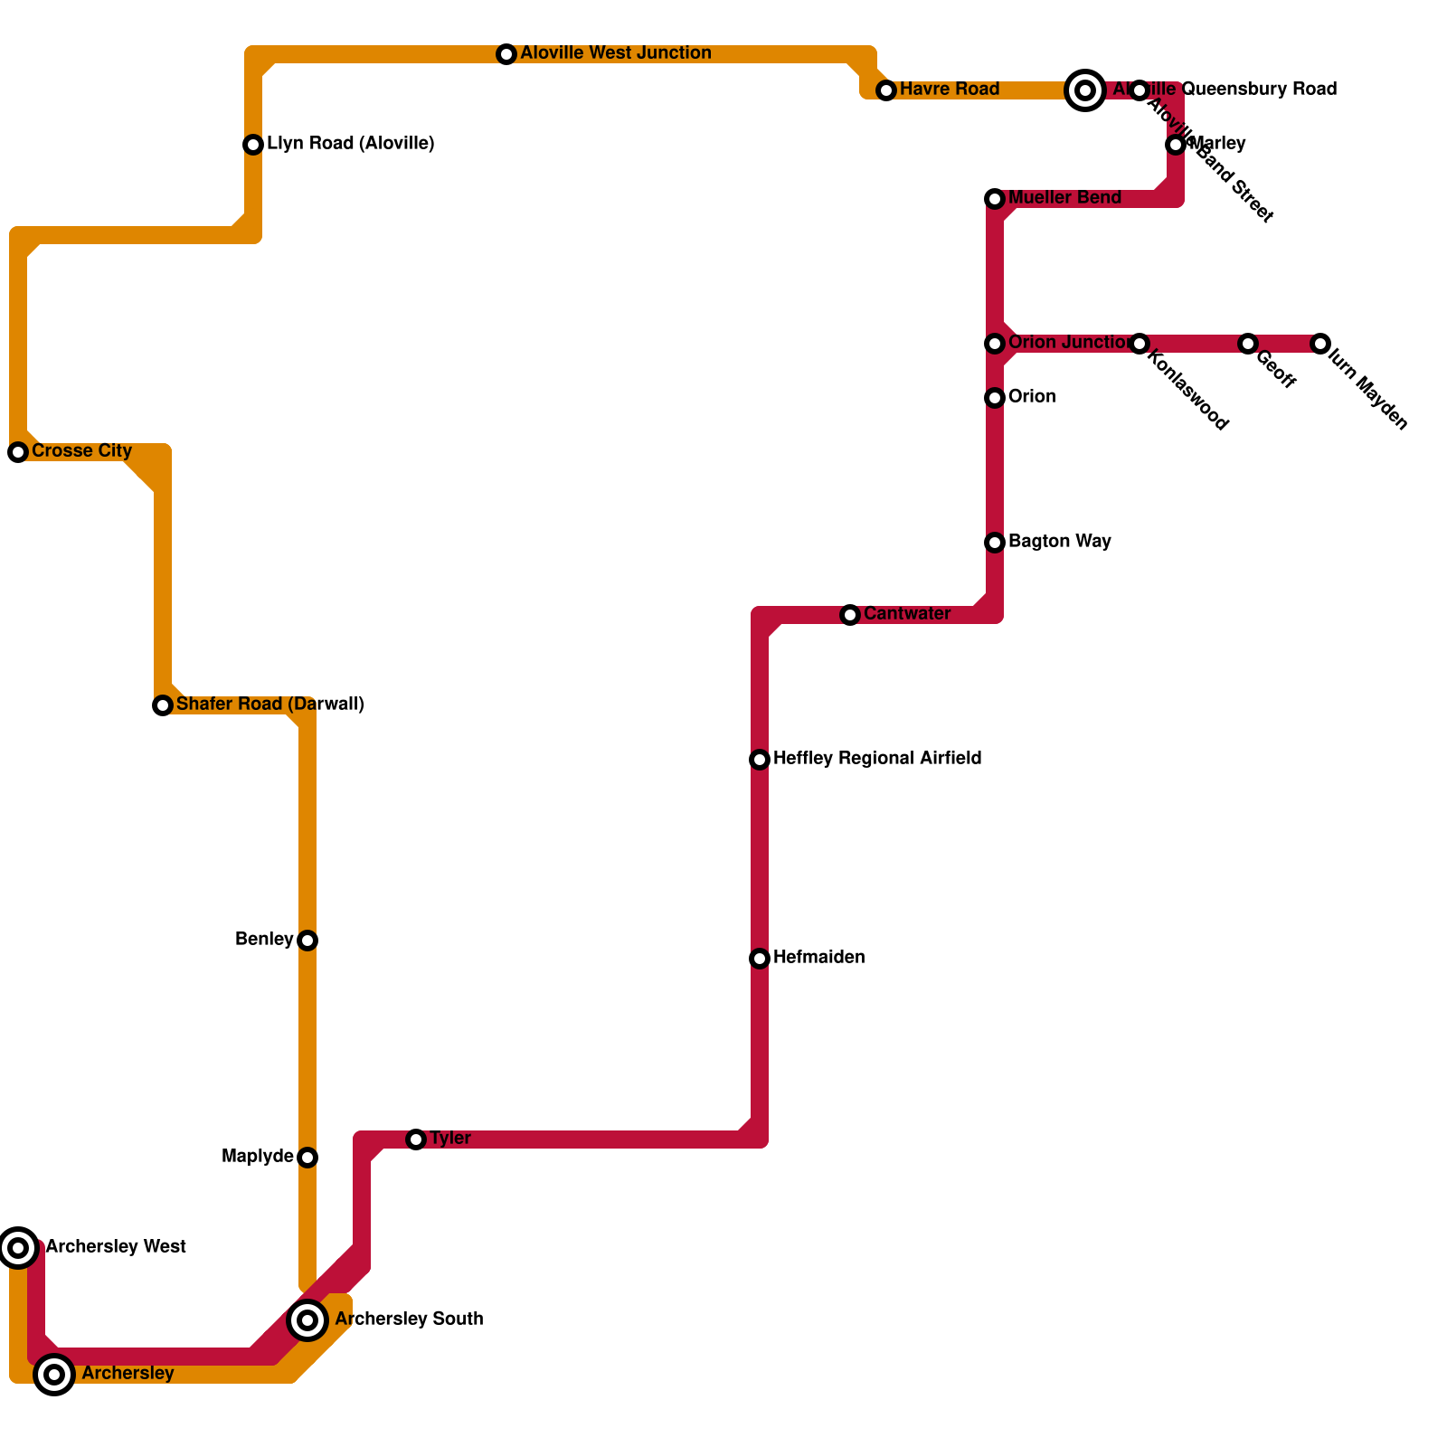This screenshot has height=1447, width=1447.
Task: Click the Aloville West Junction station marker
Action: tap(506, 54)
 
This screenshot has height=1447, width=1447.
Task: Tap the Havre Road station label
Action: tap(949, 90)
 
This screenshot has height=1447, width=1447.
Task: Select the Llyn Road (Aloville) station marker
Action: tap(253, 145)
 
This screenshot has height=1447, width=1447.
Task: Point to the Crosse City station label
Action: tap(81, 451)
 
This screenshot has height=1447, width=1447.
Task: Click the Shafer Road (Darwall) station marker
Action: tap(163, 705)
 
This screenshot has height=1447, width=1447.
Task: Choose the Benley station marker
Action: tap(307, 941)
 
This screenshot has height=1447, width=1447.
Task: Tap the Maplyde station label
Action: tap(258, 1157)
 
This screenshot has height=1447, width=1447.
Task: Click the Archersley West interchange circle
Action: tap(18, 1248)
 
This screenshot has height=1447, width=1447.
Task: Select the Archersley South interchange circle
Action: tap(307, 1320)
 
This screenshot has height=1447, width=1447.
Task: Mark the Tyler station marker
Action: tap(416, 1140)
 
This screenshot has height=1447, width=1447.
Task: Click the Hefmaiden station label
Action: tap(818, 958)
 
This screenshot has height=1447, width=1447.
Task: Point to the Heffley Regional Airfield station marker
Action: tap(760, 760)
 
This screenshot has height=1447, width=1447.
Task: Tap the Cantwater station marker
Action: tap(850, 615)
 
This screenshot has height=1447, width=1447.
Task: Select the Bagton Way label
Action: tap(1059, 542)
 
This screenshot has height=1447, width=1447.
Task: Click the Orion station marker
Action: tap(995, 398)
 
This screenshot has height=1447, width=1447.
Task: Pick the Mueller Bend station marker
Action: tap(995, 199)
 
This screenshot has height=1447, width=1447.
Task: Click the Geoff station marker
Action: tap(1248, 344)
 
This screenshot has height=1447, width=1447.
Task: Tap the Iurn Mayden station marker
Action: tap(1320, 344)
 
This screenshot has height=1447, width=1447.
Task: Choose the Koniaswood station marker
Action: tap(1140, 344)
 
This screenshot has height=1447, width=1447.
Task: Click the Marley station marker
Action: tap(1176, 145)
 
